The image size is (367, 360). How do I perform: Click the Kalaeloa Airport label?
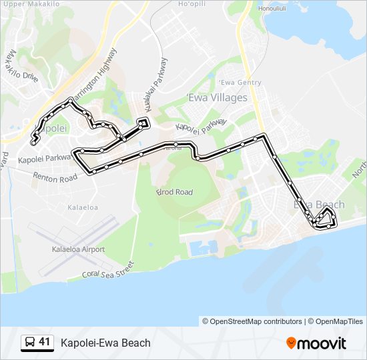[x=78, y=249]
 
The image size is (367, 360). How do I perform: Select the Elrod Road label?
[x=174, y=192]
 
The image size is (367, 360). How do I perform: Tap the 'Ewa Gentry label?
[x=240, y=83]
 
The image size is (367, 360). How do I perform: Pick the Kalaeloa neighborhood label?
[x=83, y=208]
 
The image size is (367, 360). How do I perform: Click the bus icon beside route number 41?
[x=29, y=343]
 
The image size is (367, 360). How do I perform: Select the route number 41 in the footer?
[x=45, y=342]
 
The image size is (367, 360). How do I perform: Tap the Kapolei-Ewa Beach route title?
[x=105, y=343]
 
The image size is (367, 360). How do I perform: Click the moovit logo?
[x=316, y=343]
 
